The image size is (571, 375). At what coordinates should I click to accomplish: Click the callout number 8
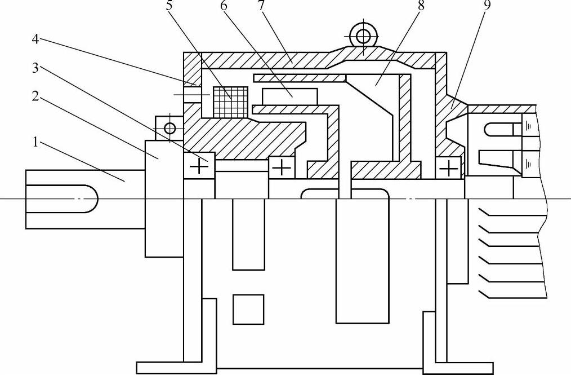pos(420,7)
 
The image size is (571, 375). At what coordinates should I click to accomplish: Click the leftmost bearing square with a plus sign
pos(198,166)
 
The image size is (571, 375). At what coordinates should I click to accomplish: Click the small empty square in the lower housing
pos(248,309)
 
